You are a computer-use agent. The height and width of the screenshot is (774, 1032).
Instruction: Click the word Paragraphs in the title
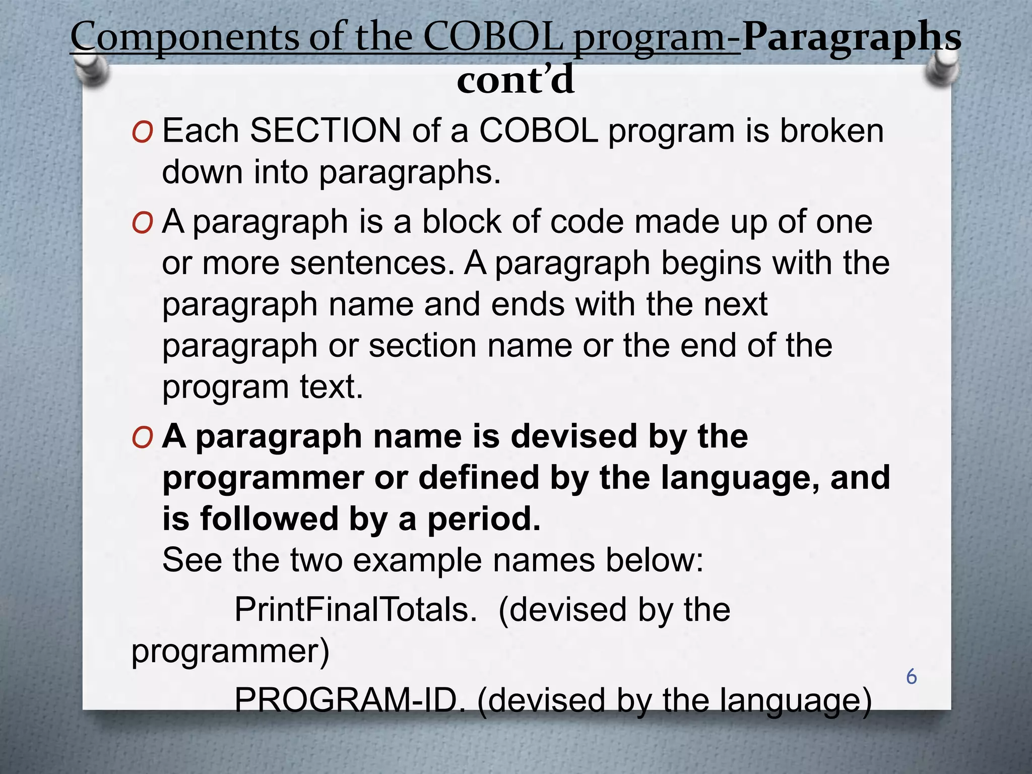tap(851, 38)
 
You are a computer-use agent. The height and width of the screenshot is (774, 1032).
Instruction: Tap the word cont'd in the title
tap(515, 81)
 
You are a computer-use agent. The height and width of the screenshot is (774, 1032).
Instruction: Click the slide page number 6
tap(911, 677)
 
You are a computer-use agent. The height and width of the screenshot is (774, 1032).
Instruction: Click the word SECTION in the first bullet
tap(326, 131)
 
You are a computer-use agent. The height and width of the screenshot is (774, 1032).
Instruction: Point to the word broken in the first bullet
tap(832, 131)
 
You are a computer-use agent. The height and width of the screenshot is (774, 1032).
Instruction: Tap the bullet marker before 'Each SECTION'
tap(142, 133)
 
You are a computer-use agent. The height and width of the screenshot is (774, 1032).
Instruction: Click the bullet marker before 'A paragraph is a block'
tap(142, 224)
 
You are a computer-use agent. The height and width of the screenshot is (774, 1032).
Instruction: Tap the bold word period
tap(483, 520)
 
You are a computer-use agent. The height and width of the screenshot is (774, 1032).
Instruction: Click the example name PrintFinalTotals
tap(355, 610)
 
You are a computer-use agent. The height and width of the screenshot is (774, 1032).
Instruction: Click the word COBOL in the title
tap(493, 38)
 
